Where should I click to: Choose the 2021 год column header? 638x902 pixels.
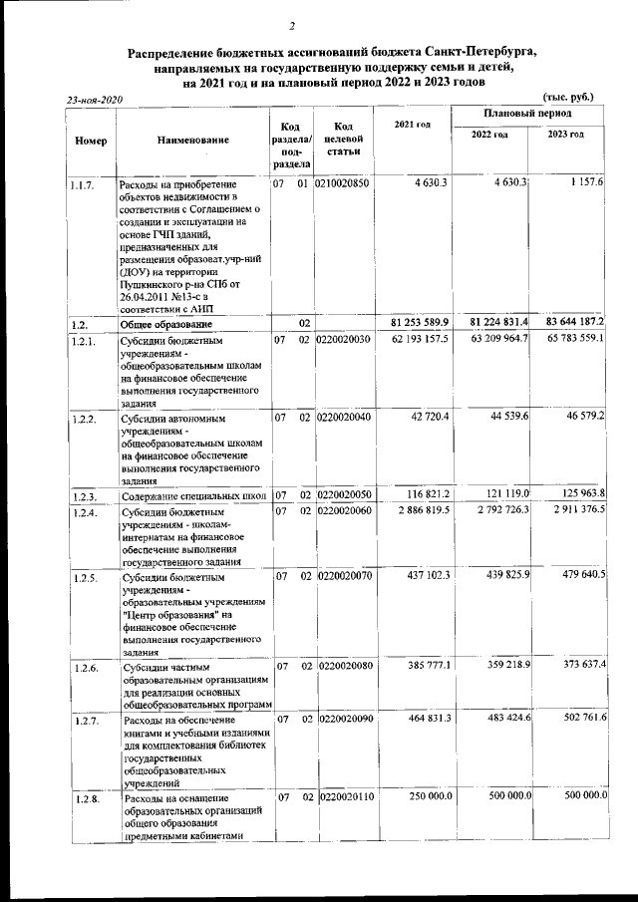click(x=413, y=124)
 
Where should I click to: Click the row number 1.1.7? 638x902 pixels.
click(x=83, y=185)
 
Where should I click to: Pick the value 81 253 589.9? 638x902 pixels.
click(x=418, y=322)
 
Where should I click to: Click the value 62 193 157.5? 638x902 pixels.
click(x=418, y=339)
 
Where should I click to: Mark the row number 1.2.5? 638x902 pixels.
click(x=83, y=576)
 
